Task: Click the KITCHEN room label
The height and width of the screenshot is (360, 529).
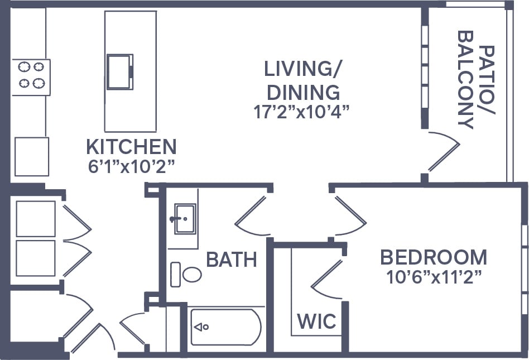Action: (x=131, y=147)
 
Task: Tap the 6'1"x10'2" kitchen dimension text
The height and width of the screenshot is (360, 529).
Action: (x=131, y=166)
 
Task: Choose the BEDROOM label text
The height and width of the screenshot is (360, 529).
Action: (x=433, y=257)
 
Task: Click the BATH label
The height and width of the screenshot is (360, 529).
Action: (x=231, y=259)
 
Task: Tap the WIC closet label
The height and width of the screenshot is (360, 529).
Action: (x=316, y=321)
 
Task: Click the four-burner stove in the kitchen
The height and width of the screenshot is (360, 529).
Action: (x=31, y=75)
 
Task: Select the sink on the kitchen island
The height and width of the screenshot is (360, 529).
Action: (x=119, y=71)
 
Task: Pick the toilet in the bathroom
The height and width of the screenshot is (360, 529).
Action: (x=186, y=274)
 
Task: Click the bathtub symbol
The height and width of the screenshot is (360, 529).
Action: (x=225, y=327)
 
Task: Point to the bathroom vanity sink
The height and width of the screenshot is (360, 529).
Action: (x=183, y=218)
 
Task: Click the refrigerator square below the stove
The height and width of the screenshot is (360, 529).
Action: (x=31, y=157)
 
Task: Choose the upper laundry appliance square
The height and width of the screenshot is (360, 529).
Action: (x=36, y=219)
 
